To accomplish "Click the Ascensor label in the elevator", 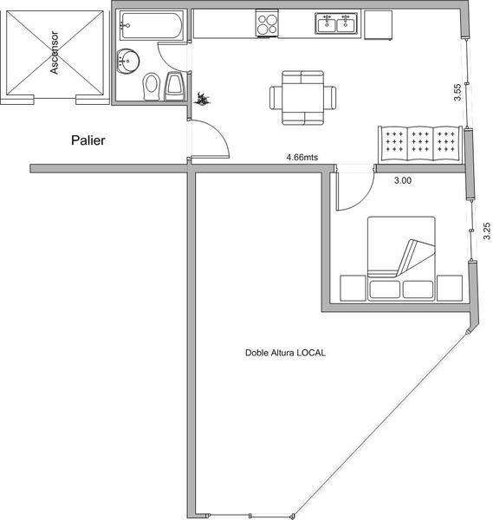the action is pyautogui.click(x=54, y=52).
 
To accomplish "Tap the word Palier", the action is pyautogui.click(x=88, y=140).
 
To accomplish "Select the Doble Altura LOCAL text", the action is pyautogui.click(x=285, y=353).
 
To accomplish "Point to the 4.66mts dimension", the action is pyautogui.click(x=302, y=157).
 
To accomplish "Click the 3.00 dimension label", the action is pyautogui.click(x=403, y=180).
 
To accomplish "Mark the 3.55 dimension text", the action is pyautogui.click(x=457, y=92).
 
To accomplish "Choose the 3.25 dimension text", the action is pyautogui.click(x=487, y=231).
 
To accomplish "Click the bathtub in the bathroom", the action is pyautogui.click(x=151, y=26).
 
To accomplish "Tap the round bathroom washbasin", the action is pyautogui.click(x=127, y=62).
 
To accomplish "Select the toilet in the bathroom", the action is pyautogui.click(x=152, y=87).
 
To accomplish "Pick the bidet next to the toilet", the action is pyautogui.click(x=175, y=86).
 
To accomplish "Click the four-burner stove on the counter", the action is pyautogui.click(x=267, y=23).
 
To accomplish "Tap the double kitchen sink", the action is pyautogui.click(x=336, y=23).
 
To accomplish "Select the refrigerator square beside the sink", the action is pyautogui.click(x=379, y=25).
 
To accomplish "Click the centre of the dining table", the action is pyautogui.click(x=302, y=97).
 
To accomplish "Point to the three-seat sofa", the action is pyautogui.click(x=420, y=145).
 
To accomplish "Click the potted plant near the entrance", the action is pyautogui.click(x=202, y=99).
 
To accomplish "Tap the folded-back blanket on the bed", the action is pyautogui.click(x=416, y=257).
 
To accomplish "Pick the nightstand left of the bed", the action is pyautogui.click(x=354, y=288).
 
